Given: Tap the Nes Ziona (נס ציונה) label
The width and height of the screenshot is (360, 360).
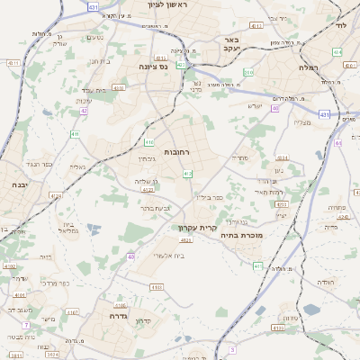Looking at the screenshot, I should (156, 67).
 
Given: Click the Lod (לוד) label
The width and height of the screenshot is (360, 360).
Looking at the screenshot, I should (339, 25).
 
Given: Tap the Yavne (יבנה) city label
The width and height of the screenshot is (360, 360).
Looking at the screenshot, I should (17, 184).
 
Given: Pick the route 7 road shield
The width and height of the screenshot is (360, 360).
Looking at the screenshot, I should (27, 324).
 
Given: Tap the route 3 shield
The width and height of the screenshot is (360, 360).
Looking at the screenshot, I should (231, 349).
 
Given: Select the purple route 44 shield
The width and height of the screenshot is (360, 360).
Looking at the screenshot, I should (337, 143).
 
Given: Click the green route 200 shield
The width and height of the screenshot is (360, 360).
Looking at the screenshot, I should (248, 72).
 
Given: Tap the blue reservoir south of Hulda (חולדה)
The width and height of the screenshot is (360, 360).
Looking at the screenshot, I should (311, 309).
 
